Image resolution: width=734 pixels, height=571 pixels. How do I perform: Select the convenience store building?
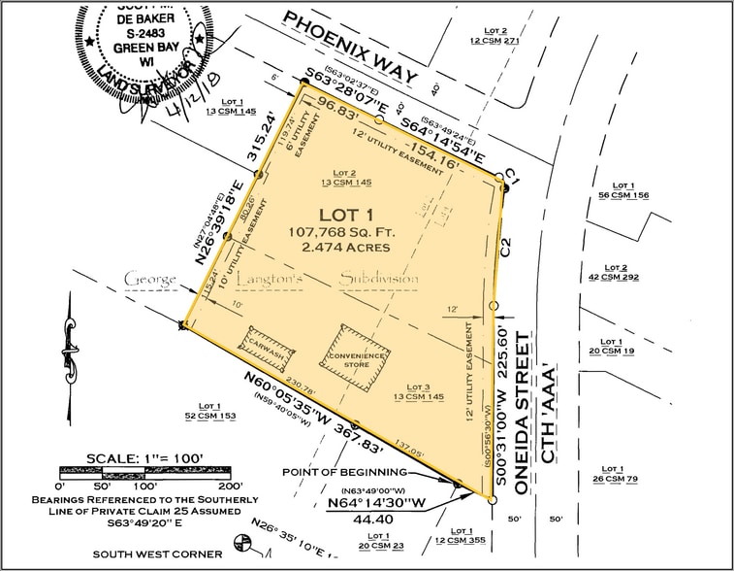click(355, 358)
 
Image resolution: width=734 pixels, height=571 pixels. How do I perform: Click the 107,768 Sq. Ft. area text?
click(338, 232)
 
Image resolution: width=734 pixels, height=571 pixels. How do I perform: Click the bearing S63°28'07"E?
click(361, 90)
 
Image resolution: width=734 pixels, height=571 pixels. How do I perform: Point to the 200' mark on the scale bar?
click(229, 485)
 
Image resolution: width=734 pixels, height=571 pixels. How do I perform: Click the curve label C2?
click(505, 247)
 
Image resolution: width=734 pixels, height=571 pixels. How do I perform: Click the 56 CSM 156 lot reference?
click(623, 195)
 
